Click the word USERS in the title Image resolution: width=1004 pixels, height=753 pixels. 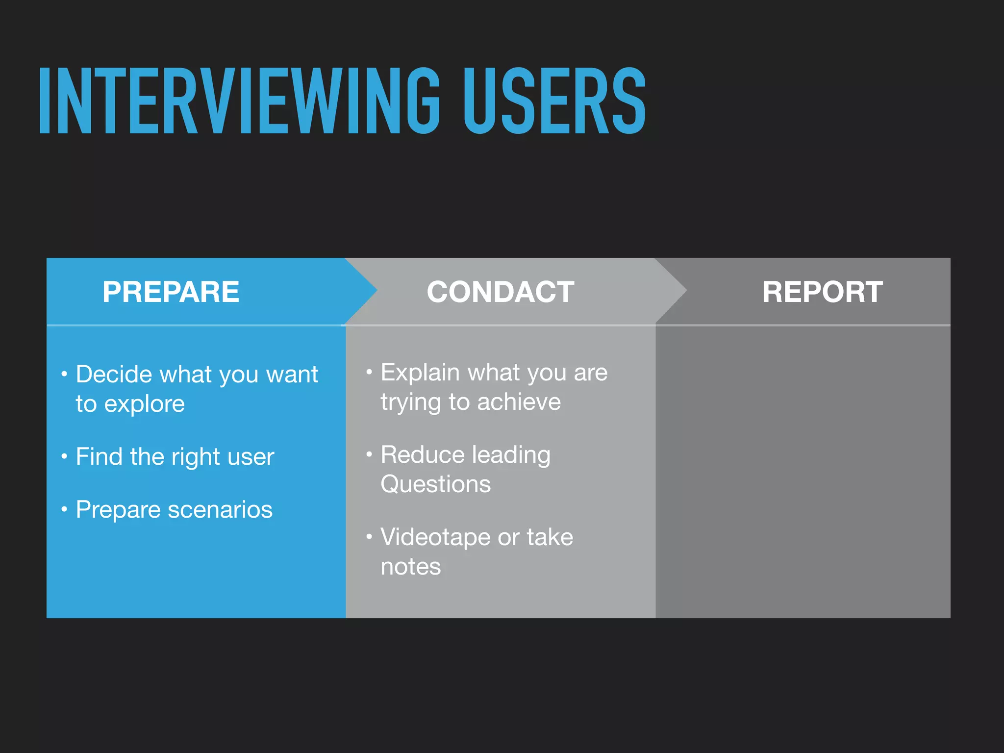(x=554, y=101)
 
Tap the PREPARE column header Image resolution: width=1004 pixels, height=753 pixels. (x=171, y=292)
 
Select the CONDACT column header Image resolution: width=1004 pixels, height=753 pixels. (x=500, y=292)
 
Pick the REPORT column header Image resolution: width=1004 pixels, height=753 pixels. (x=822, y=292)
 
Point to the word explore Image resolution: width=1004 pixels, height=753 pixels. (x=144, y=404)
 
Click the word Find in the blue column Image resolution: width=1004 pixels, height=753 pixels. (x=99, y=456)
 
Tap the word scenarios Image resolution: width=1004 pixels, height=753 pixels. (x=220, y=510)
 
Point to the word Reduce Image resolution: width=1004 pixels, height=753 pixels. (x=423, y=455)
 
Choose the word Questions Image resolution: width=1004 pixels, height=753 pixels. (x=435, y=484)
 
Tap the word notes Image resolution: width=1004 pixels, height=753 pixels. (x=410, y=567)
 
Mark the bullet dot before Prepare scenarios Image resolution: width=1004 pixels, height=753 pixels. (x=64, y=510)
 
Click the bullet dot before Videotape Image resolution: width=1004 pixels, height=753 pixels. (x=369, y=537)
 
